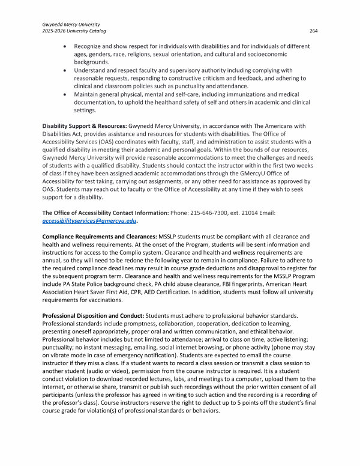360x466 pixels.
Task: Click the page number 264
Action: pos(313,31)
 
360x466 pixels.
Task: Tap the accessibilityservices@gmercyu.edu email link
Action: pos(89,220)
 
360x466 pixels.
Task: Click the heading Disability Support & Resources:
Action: pos(85,126)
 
